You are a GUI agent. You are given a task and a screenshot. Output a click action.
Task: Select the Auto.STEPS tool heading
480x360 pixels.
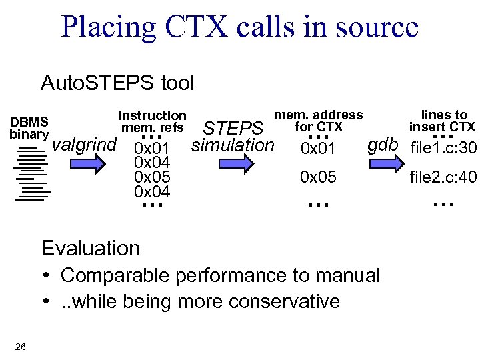[117, 83]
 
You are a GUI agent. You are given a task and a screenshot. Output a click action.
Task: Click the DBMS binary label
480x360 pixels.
[29, 127]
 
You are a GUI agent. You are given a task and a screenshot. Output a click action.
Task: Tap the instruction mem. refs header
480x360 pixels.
[152, 121]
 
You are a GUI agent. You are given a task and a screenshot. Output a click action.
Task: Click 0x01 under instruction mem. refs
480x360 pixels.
[152, 147]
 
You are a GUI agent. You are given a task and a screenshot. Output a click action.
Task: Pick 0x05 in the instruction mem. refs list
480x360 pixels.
[152, 177]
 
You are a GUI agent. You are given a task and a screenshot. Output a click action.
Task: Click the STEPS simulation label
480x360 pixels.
[232, 136]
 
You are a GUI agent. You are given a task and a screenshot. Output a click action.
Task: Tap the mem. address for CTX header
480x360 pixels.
[318, 121]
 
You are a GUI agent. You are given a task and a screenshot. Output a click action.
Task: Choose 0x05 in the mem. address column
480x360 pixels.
[318, 177]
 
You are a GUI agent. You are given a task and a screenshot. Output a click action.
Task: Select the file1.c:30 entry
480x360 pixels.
[443, 147]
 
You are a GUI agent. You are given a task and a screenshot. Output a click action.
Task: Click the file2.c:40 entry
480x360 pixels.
[443, 177]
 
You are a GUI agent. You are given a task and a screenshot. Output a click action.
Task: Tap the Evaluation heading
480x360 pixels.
[91, 248]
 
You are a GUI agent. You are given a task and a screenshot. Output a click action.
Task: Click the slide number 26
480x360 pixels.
[20, 345]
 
